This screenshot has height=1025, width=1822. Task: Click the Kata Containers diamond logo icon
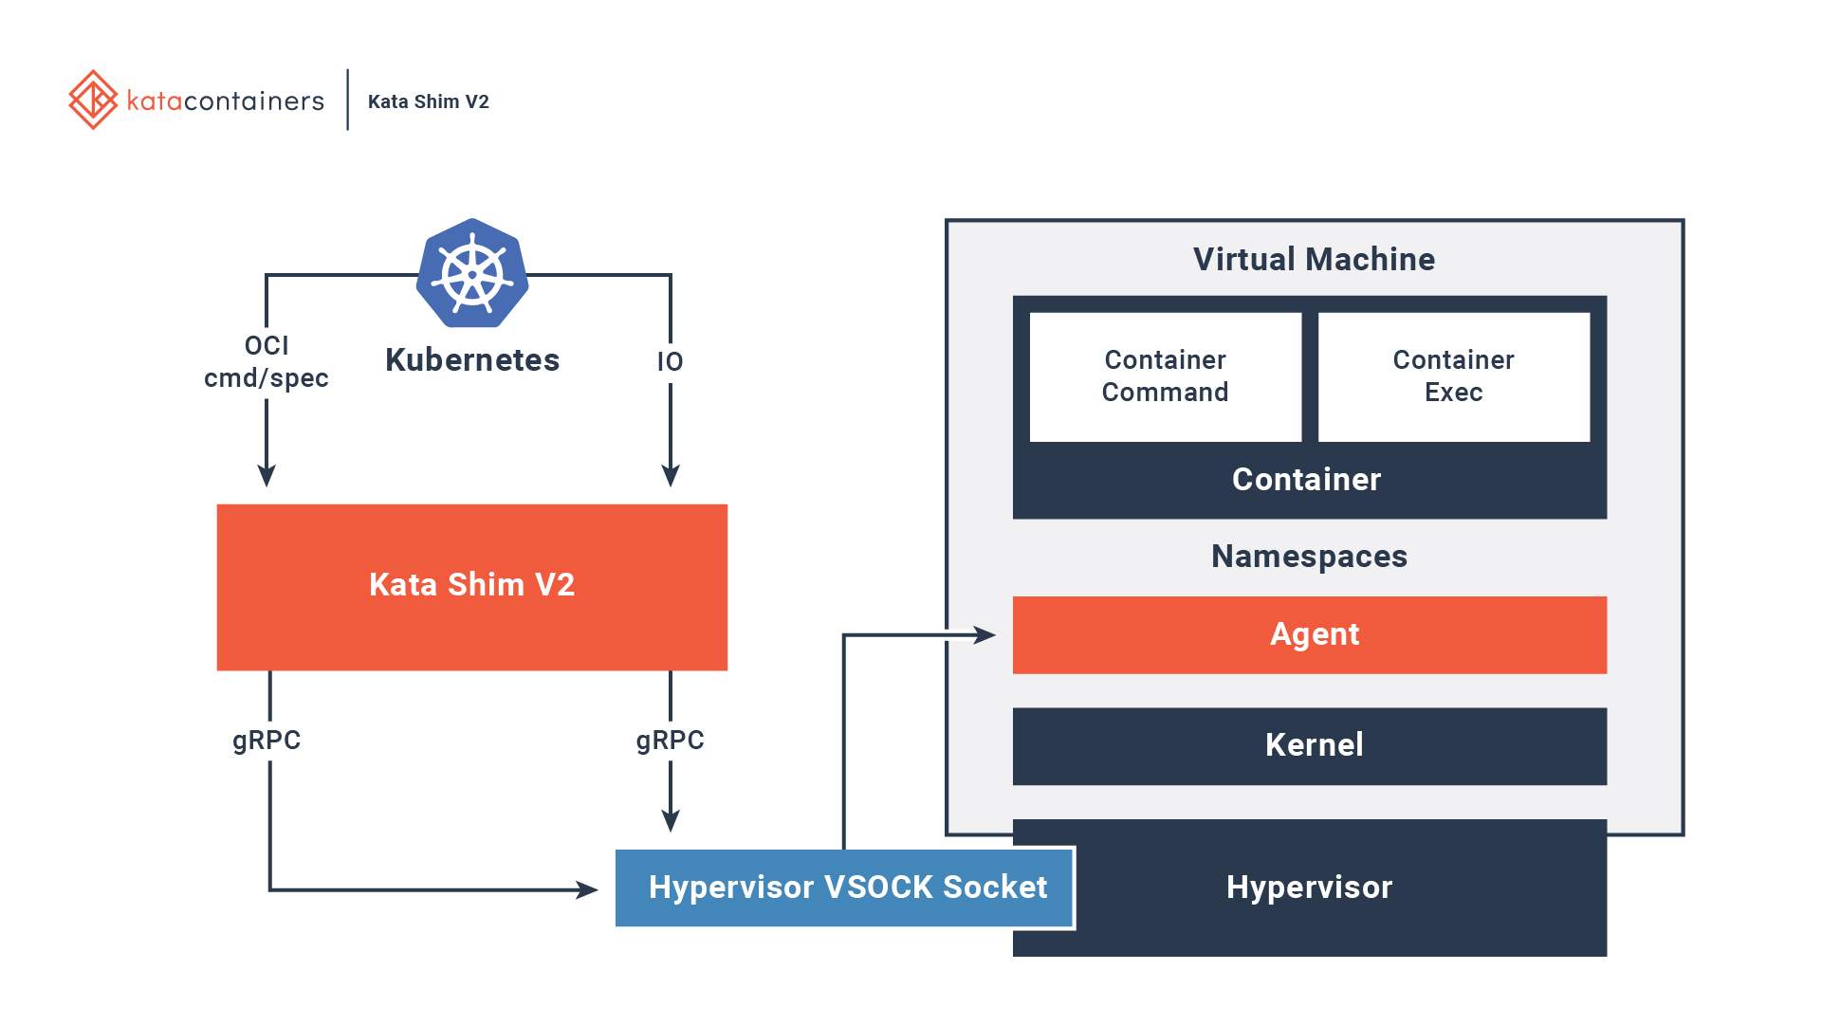pos(93,100)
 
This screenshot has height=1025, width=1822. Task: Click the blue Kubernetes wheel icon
pos(472,274)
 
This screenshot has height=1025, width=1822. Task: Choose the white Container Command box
pos(1165,376)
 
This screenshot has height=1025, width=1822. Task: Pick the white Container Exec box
pos(1453,376)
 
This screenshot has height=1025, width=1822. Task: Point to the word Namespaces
pos(1309,557)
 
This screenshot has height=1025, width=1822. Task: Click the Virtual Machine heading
pos(1314,260)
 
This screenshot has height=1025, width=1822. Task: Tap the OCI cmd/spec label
pos(267,362)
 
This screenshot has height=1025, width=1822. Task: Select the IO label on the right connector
pos(670,362)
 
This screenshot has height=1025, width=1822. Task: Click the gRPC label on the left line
pos(267,741)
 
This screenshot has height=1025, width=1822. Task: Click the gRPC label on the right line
pos(670,741)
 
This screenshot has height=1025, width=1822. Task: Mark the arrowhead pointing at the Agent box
pos(985,635)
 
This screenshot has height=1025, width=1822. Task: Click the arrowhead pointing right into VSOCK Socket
pos(587,889)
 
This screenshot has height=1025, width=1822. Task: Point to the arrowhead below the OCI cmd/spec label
pos(267,475)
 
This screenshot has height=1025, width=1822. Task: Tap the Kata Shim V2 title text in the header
pos(428,101)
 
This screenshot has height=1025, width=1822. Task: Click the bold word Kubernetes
pos(472,360)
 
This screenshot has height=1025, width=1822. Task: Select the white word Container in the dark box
pos(1306,480)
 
